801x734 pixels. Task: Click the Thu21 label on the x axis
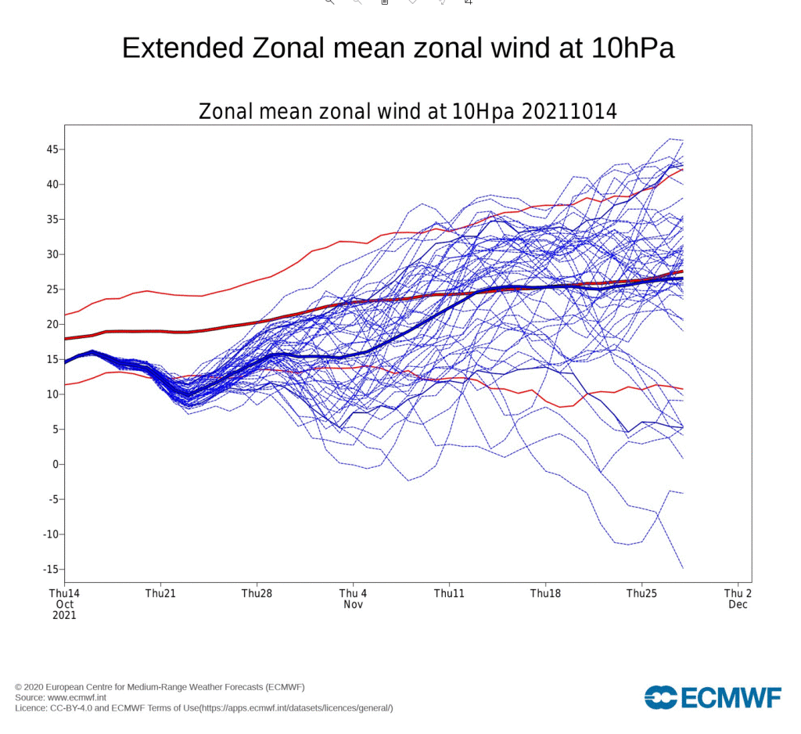pyautogui.click(x=160, y=594)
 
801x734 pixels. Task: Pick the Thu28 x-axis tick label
pyautogui.click(x=257, y=594)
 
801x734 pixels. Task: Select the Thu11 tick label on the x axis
pyautogui.click(x=449, y=594)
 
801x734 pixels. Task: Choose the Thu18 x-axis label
pyautogui.click(x=545, y=594)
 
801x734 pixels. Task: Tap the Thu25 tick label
pyautogui.click(x=641, y=594)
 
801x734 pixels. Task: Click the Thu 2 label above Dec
pyautogui.click(x=738, y=594)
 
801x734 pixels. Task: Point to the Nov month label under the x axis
pyautogui.click(x=353, y=605)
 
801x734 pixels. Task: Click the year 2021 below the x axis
pyautogui.click(x=64, y=616)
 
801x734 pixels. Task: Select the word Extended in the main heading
pyautogui.click(x=182, y=49)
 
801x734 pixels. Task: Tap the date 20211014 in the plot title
pyautogui.click(x=569, y=112)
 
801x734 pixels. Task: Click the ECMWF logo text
pyautogui.click(x=730, y=697)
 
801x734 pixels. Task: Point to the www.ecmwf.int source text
pyautogui.click(x=77, y=697)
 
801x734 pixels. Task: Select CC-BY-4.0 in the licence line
pyautogui.click(x=78, y=708)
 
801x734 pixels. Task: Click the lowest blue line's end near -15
pyautogui.click(x=683, y=567)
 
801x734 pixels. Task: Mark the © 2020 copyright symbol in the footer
pyautogui.click(x=19, y=687)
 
